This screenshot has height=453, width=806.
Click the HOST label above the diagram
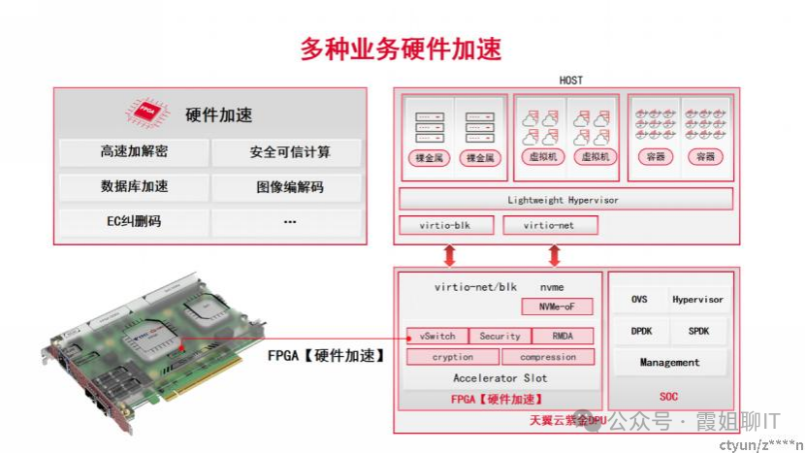571,80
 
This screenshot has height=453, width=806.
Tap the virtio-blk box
445,225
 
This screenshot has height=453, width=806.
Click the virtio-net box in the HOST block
550,225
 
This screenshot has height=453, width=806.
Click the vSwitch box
436,336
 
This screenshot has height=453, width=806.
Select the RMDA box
561,336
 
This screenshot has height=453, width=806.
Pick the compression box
547,357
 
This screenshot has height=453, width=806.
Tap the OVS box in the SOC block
639,300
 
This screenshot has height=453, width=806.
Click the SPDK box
698,331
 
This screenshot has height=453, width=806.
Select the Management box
669,362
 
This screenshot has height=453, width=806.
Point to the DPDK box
639,331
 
